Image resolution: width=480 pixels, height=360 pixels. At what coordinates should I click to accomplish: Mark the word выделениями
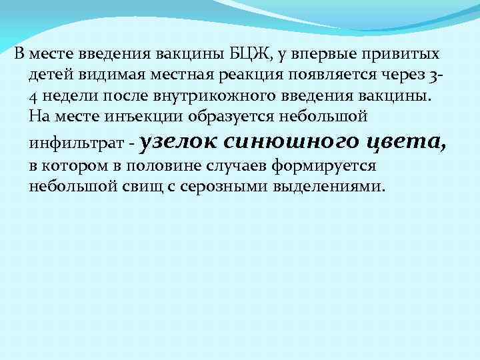pos(329,186)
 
